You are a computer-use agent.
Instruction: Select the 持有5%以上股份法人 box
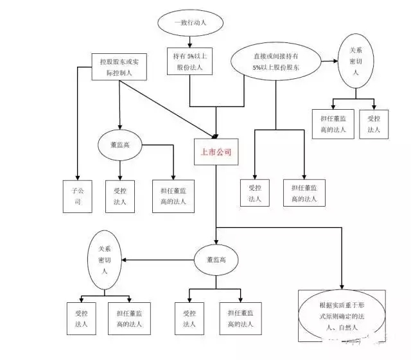[189, 62]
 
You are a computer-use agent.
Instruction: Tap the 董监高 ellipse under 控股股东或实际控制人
[119, 146]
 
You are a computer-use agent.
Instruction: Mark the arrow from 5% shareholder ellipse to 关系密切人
[328, 61]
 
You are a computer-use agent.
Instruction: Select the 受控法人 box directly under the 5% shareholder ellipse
[255, 193]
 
